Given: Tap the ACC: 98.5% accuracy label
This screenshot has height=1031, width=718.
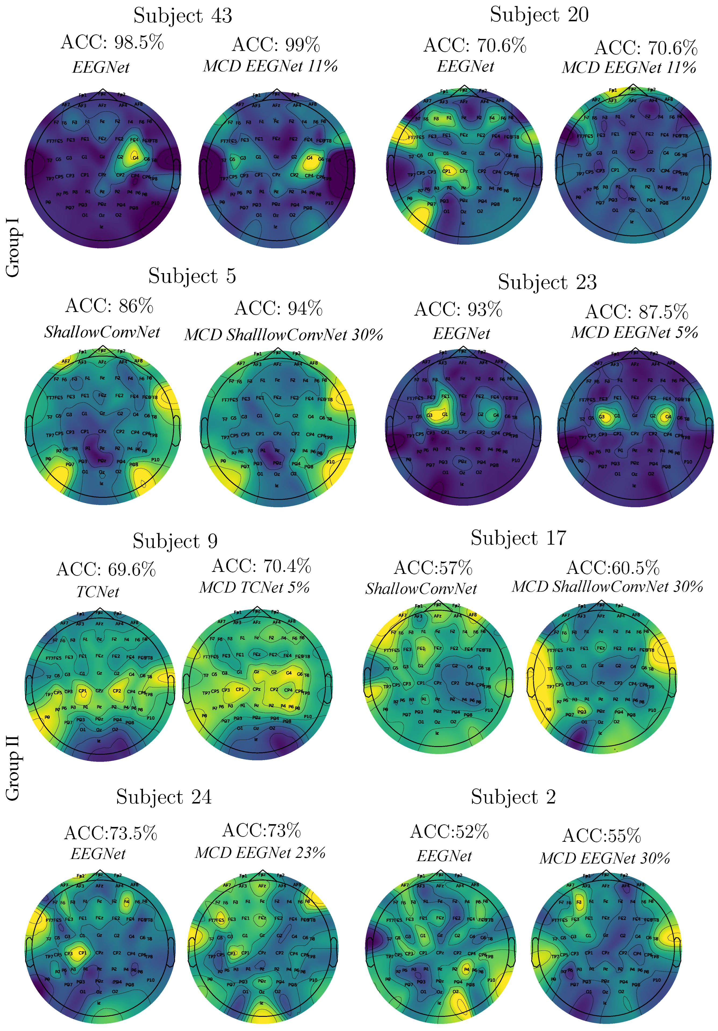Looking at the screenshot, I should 112,43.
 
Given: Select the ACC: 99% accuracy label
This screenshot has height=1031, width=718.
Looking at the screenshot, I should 276,45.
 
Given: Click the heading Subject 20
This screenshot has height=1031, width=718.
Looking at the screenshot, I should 539,15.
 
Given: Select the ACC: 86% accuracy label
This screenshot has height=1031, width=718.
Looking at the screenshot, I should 109,306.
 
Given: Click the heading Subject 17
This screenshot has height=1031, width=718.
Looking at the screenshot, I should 518,538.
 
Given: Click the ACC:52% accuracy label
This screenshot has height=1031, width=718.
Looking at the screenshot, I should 449,832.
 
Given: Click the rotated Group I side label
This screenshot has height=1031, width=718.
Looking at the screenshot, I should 13,248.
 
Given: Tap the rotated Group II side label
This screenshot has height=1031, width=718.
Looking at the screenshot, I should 13,768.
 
